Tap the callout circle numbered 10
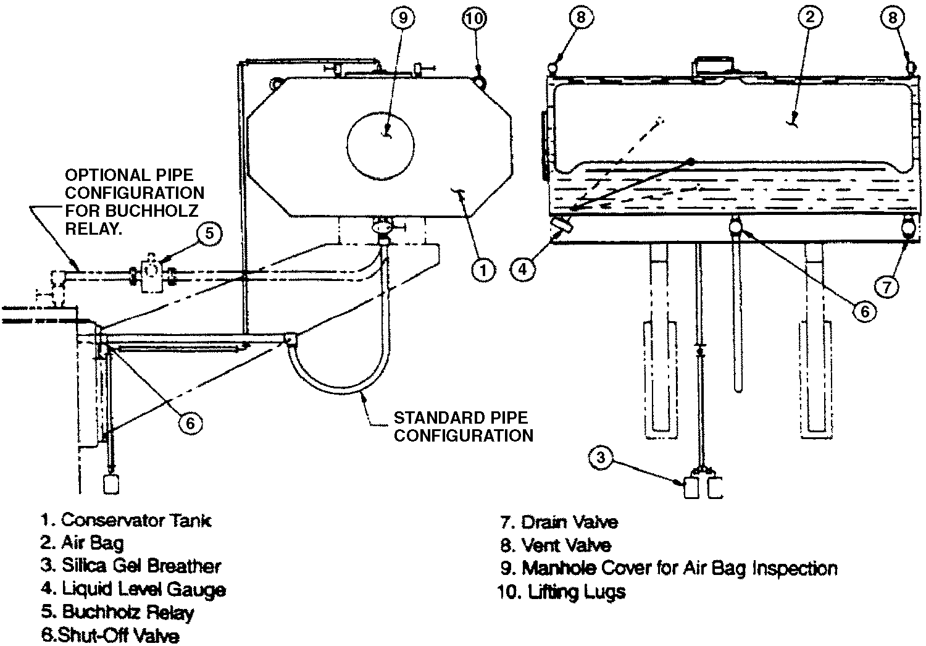pyautogui.click(x=474, y=18)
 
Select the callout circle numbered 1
pyautogui.click(x=483, y=270)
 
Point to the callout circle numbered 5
pyautogui.click(x=210, y=233)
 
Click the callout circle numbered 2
pyautogui.click(x=810, y=18)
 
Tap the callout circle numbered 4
pyautogui.click(x=523, y=270)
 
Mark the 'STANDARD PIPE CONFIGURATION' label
pyautogui.click(x=463, y=427)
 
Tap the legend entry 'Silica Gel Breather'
pyautogui.click(x=141, y=566)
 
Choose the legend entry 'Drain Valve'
pyautogui.click(x=569, y=522)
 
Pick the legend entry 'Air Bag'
pyautogui.click(x=93, y=543)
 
